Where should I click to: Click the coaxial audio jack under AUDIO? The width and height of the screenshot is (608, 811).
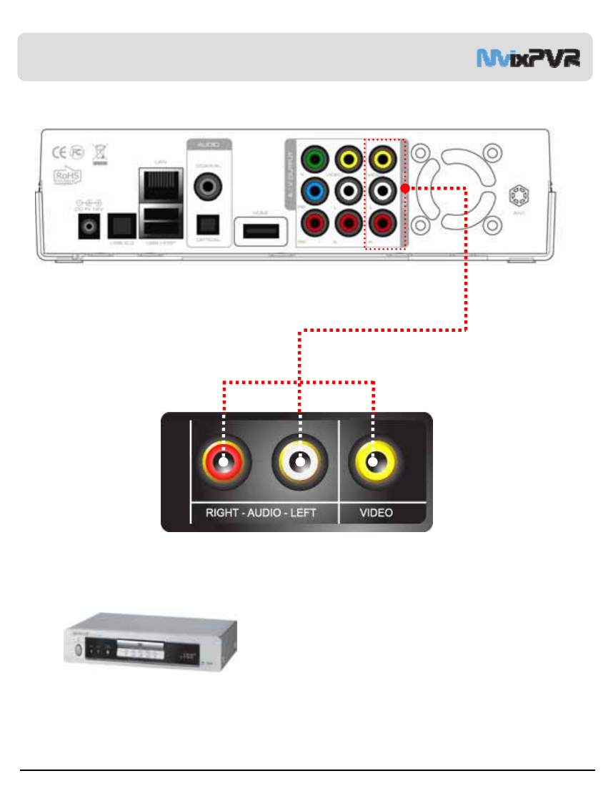click(209, 187)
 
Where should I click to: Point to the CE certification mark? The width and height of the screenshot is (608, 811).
click(61, 152)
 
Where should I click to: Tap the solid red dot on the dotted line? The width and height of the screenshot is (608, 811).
click(404, 188)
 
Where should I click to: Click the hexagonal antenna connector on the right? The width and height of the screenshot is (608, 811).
click(518, 195)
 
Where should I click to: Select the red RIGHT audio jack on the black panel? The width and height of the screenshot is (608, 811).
click(224, 461)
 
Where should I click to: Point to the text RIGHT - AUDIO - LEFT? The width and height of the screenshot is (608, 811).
click(262, 513)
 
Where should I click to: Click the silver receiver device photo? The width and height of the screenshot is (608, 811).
click(150, 641)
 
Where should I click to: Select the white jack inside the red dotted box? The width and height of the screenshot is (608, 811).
click(384, 190)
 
